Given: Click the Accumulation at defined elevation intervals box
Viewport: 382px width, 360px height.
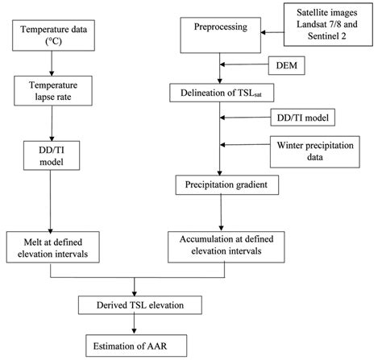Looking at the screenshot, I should [x=220, y=243].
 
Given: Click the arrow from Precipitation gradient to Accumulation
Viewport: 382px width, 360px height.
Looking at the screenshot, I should [x=221, y=213].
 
